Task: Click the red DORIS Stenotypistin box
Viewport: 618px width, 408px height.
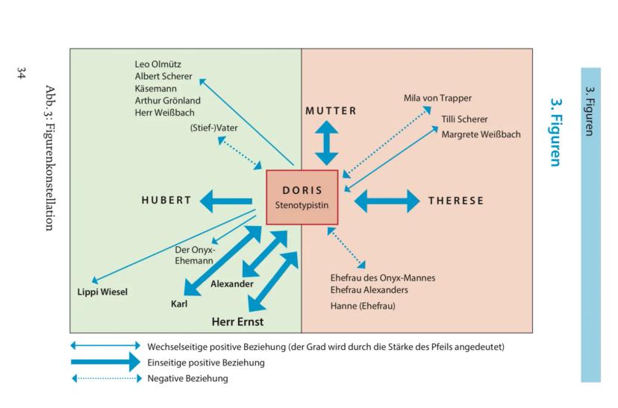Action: click(x=302, y=197)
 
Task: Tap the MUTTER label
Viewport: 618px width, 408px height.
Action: click(x=331, y=111)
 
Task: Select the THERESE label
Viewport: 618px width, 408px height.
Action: click(x=455, y=201)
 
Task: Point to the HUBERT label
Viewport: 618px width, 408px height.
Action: click(x=166, y=200)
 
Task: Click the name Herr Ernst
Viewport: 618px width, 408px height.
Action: click(x=238, y=322)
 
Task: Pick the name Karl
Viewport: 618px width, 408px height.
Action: click(x=180, y=304)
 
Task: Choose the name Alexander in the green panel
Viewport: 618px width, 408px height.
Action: click(x=231, y=284)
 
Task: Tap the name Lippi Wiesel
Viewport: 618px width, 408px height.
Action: click(x=102, y=291)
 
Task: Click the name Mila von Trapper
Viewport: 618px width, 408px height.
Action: click(x=437, y=98)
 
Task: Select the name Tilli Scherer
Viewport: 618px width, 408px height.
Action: click(x=464, y=119)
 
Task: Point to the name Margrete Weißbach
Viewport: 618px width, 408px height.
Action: click(x=481, y=134)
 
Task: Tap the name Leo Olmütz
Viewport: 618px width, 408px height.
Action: click(x=157, y=64)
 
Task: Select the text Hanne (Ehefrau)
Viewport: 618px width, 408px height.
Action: click(x=362, y=306)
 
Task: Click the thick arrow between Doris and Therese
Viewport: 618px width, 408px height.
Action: click(x=387, y=201)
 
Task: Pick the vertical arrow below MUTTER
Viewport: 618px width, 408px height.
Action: click(x=326, y=142)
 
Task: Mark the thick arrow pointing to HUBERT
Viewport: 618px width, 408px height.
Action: click(x=228, y=200)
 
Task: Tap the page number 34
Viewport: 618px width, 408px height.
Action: click(x=22, y=72)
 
